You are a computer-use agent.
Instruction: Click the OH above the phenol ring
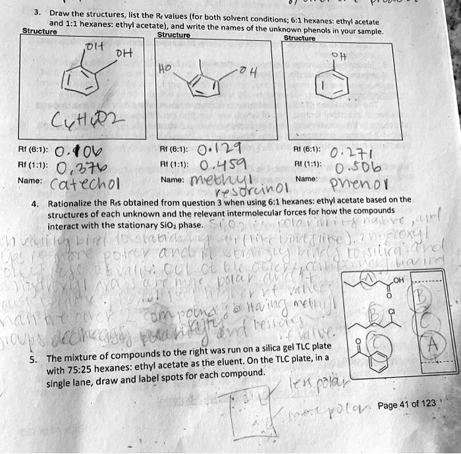coord(338,55)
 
